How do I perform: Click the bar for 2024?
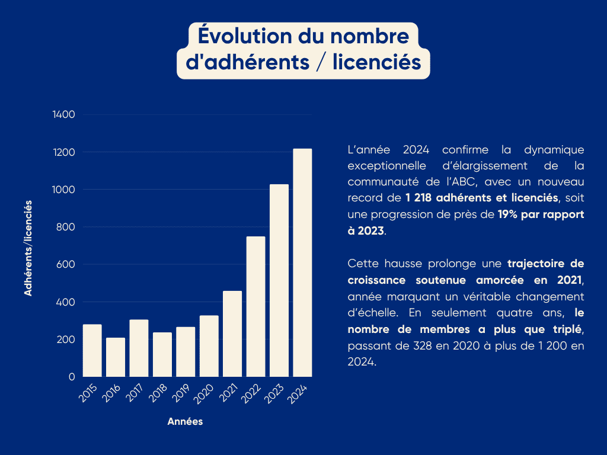302,262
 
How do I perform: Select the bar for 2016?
116,357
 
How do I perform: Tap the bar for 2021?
232,334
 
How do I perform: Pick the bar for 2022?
256,306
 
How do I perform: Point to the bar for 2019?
186,352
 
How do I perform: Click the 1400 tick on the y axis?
64,114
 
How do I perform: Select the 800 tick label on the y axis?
65,227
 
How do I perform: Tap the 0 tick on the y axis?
72,376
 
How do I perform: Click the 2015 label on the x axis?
88,393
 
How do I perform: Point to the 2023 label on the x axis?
274,394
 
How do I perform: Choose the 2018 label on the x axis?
158,393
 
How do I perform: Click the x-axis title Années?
185,421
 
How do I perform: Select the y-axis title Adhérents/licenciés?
28,248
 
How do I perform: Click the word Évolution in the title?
245,36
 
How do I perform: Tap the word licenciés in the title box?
376,62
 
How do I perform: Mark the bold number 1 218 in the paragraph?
418,198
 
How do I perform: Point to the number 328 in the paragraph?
422,345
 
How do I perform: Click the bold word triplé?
567,329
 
